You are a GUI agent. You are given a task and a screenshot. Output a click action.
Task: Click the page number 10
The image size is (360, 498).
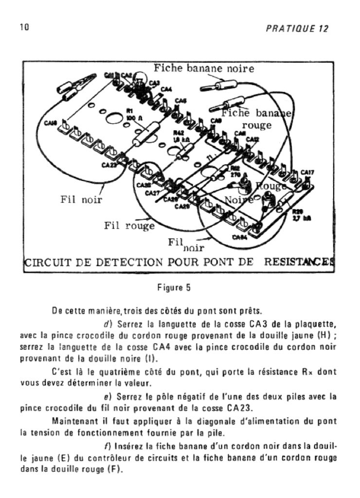[23, 27]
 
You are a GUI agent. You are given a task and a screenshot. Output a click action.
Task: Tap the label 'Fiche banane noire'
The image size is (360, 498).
[204, 68]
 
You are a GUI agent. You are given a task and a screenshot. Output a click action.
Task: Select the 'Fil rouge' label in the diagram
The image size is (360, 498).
[129, 225]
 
